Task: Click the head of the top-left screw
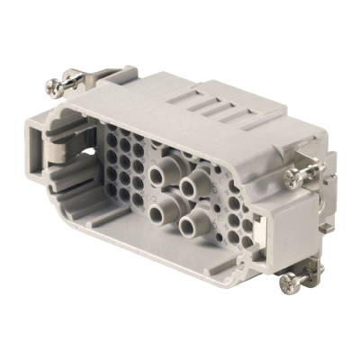[54, 87]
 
